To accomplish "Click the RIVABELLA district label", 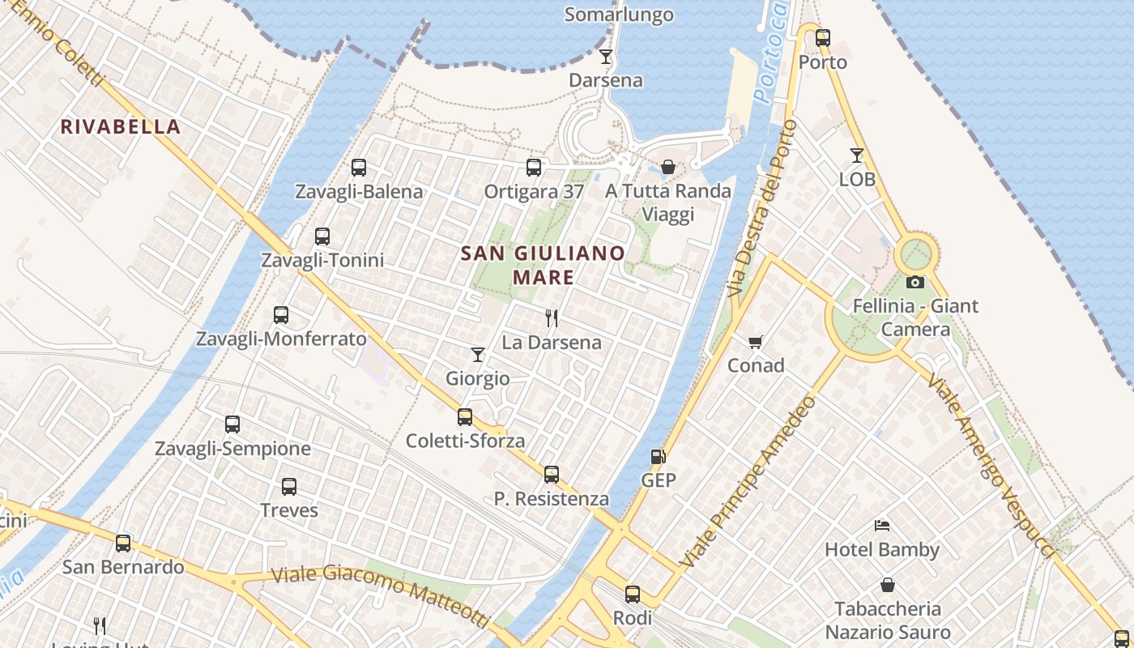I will click(120, 126).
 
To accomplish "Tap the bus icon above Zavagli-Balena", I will click(359, 168).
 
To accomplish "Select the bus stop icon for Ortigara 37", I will click(534, 168).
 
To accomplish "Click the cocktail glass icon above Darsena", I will click(605, 57).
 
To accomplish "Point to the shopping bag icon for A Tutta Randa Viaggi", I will click(668, 167).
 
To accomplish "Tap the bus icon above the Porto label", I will click(823, 37).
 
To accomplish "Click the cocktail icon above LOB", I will click(857, 155).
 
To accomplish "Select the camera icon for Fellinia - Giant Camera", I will click(915, 282).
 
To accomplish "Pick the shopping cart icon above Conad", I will click(756, 342).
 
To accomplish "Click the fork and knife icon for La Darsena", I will click(552, 318).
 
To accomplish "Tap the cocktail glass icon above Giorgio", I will click(478, 354).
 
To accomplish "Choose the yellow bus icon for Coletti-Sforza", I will click(465, 417).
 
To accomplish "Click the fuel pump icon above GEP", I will click(659, 456).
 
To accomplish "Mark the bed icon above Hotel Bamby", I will click(882, 526).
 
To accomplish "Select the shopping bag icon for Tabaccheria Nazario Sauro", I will click(888, 585).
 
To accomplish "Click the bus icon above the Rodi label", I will click(633, 595).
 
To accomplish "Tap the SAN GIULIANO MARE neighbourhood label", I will click(543, 265).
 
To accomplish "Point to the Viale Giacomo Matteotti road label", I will click(381, 595).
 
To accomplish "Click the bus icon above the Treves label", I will click(289, 487).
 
